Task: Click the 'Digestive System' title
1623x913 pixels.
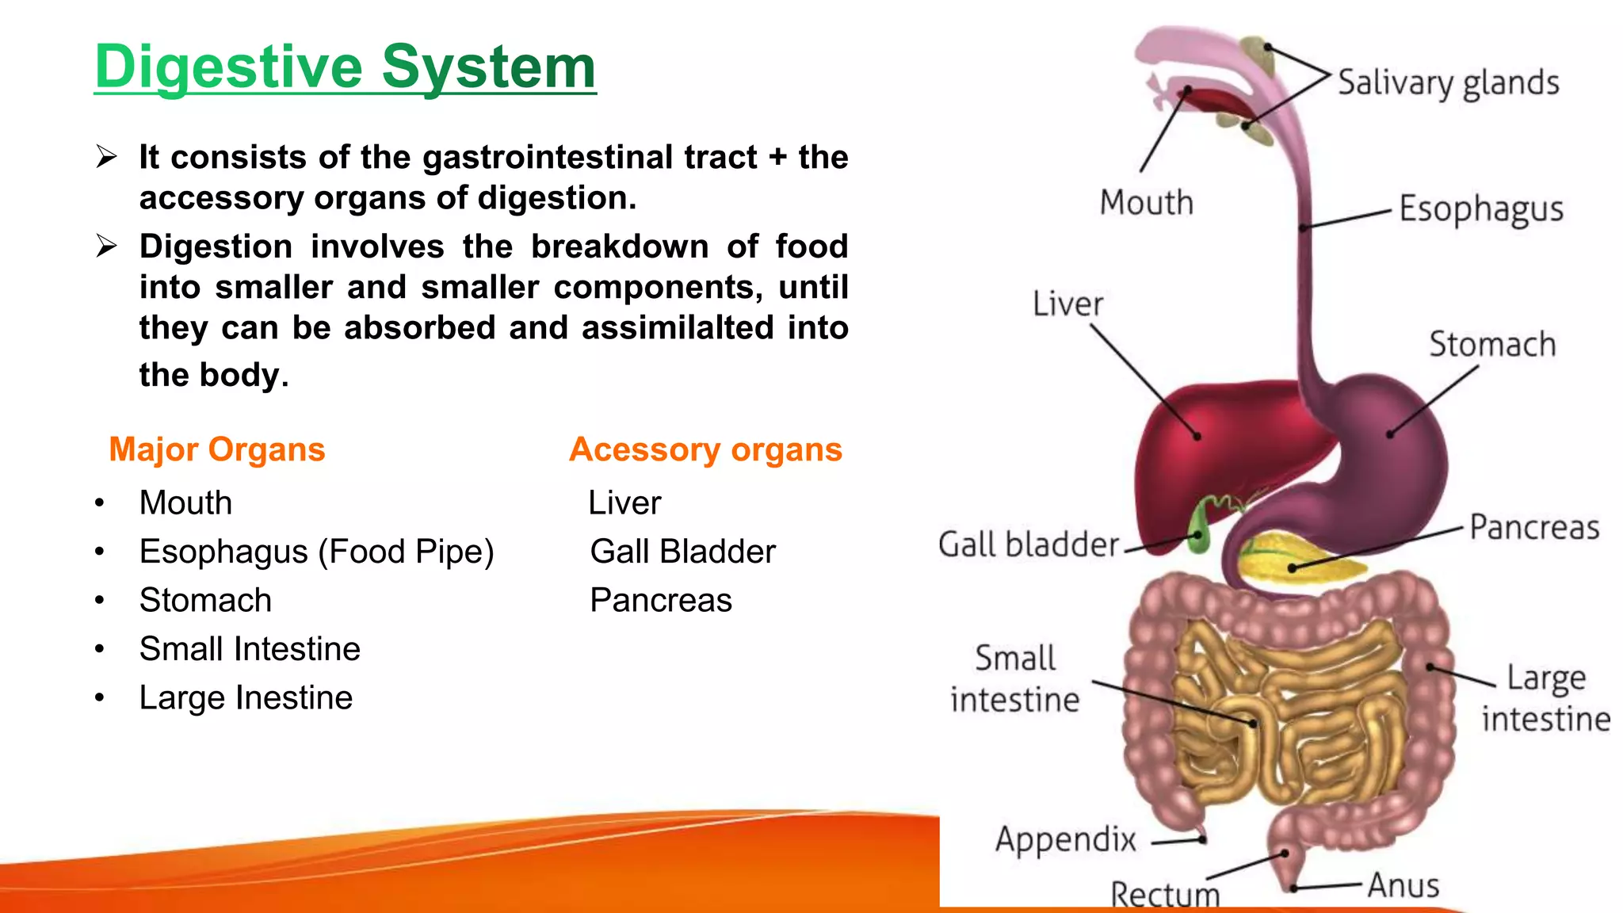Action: click(345, 67)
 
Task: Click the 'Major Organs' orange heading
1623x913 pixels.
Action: click(216, 449)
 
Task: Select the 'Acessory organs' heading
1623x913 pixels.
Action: click(705, 449)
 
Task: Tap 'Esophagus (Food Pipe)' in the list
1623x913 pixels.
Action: click(316, 552)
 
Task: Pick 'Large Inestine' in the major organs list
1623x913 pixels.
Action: click(246, 698)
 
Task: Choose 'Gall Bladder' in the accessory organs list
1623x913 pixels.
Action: click(682, 552)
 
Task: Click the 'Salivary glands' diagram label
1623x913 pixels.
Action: click(1448, 83)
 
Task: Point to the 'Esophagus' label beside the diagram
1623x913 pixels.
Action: click(1480, 210)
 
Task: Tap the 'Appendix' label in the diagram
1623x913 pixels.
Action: click(1065, 839)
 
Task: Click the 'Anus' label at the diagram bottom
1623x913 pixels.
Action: click(1403, 885)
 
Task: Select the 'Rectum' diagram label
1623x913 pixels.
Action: click(1165, 896)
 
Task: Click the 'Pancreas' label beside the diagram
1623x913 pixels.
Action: click(1533, 528)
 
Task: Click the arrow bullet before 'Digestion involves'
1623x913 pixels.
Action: click(106, 246)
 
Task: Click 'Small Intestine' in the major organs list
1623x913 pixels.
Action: click(250, 649)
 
